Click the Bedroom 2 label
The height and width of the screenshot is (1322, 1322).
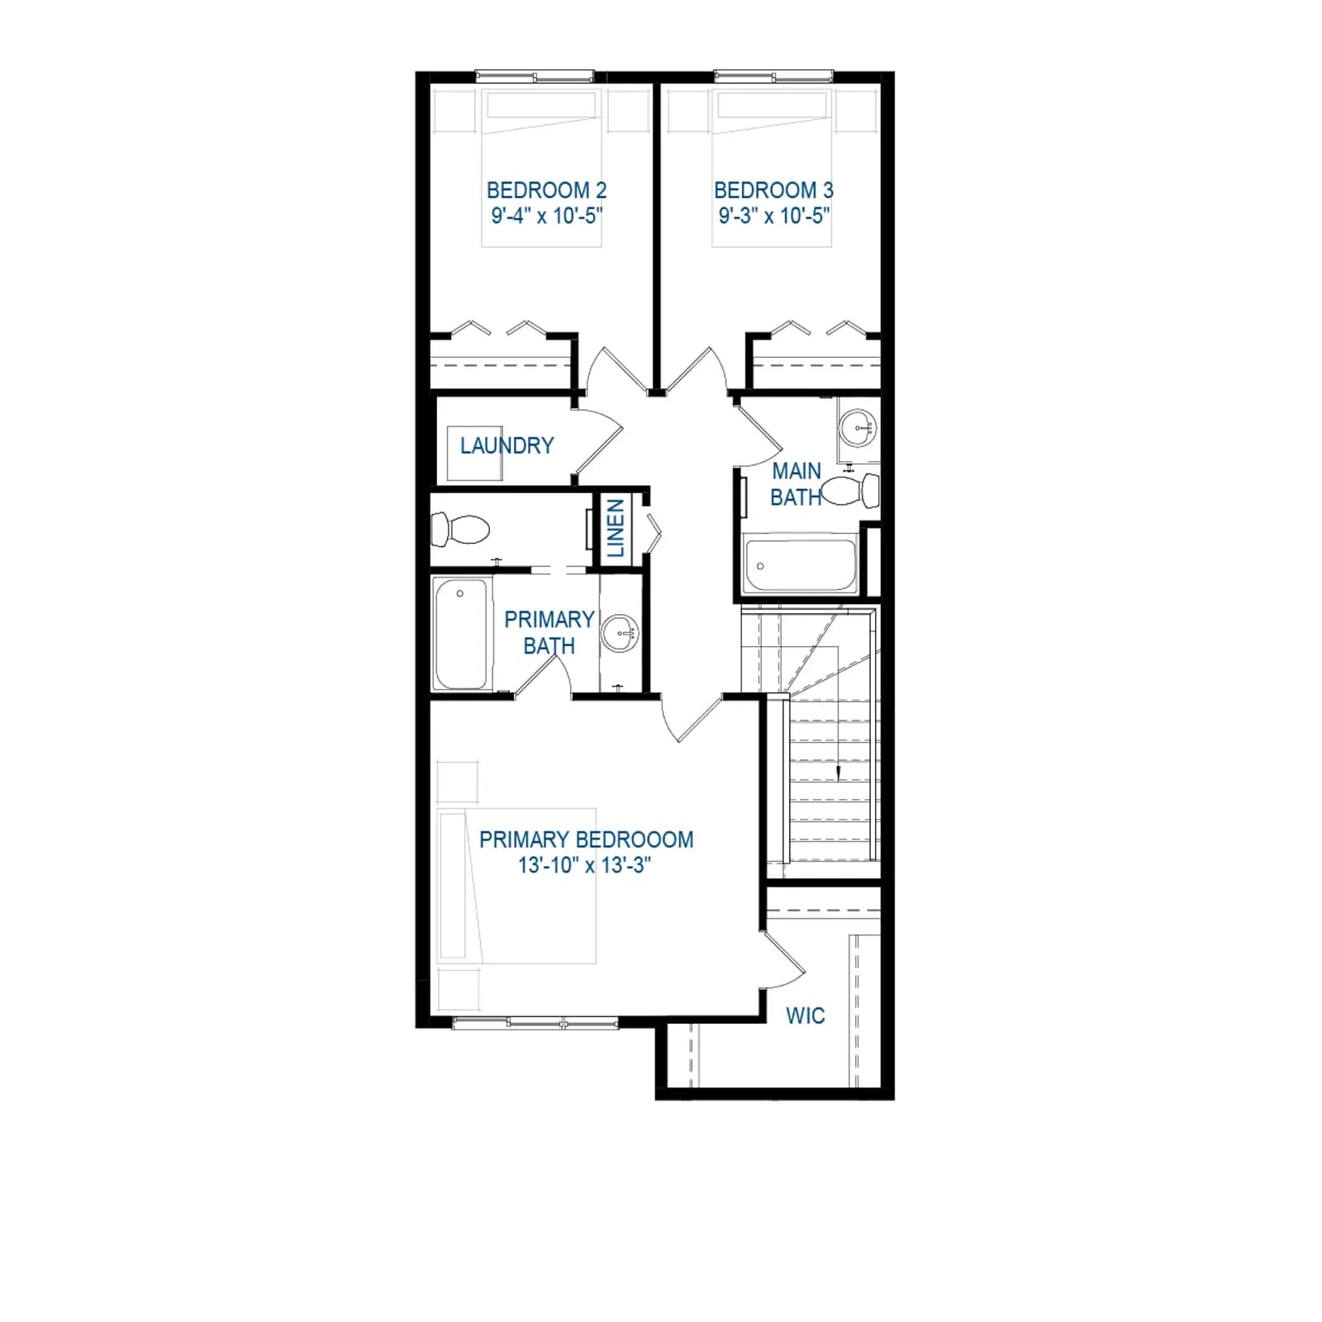point(546,190)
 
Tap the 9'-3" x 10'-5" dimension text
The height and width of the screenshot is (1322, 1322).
point(774,216)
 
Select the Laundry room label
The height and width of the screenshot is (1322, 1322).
point(506,445)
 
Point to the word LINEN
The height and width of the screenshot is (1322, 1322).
point(616,529)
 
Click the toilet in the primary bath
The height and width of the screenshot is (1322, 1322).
point(460,529)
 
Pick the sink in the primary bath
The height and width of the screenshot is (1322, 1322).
point(620,635)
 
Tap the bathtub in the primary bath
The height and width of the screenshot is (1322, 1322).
point(461,634)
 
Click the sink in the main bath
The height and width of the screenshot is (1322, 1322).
point(858,429)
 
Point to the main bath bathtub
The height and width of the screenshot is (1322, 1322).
point(800,564)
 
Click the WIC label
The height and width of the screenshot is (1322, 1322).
point(805,1015)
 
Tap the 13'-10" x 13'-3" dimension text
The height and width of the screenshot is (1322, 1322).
point(585,865)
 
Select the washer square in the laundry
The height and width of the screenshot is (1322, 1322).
point(475,454)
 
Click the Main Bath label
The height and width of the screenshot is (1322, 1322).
point(797,484)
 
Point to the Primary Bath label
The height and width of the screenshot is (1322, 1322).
point(549,632)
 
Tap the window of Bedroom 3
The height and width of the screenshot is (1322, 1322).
point(774,77)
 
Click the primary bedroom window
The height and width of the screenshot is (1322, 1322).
point(535,1023)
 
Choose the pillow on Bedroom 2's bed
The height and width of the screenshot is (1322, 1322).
point(541,105)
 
